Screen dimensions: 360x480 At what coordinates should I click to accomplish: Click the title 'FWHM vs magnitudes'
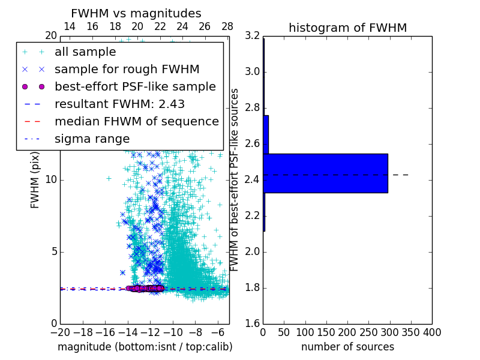pyautogui.click(x=136, y=13)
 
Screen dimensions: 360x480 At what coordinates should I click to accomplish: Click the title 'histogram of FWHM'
pyautogui.click(x=347, y=28)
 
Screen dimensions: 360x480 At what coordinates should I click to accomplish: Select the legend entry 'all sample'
pyautogui.click(x=85, y=52)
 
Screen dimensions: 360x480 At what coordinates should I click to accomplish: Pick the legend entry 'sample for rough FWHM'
pyautogui.click(x=127, y=70)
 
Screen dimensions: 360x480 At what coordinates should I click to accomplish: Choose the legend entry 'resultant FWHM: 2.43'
pyautogui.click(x=119, y=104)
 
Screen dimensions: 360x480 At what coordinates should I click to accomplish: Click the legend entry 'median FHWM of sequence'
pyautogui.click(x=136, y=121)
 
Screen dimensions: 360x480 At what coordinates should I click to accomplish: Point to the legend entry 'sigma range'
pyautogui.click(x=92, y=139)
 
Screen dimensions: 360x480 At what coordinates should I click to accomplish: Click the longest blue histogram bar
pyautogui.click(x=325, y=173)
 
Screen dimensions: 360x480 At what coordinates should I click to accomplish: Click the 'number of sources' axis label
pyautogui.click(x=347, y=347)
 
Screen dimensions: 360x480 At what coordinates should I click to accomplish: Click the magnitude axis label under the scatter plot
pyautogui.click(x=145, y=347)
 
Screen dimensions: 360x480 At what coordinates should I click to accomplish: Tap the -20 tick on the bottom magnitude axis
pyautogui.click(x=60, y=332)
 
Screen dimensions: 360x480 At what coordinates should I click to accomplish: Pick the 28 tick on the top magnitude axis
pyautogui.click(x=227, y=26)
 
